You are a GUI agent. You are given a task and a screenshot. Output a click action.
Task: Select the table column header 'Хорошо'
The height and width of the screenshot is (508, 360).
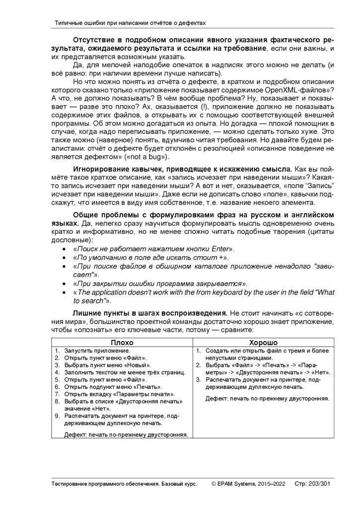tap(263, 342)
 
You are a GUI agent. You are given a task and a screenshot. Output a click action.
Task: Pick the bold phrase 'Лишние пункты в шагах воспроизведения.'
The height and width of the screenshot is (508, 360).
tap(150, 314)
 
